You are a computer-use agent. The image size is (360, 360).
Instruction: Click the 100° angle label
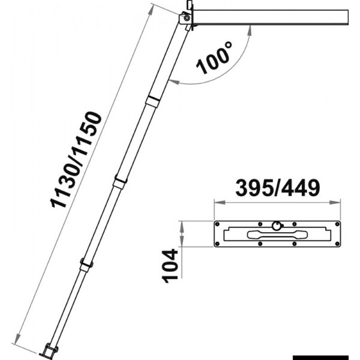coord(214,58)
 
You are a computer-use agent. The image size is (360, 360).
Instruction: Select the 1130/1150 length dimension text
coord(76,160)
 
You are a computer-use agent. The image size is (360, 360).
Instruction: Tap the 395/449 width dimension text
coord(278,188)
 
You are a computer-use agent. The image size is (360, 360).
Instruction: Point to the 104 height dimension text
coord(170,266)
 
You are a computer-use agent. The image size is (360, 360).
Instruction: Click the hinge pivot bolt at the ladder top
coord(187,18)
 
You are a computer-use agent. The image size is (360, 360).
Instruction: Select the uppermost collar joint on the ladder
coord(153,100)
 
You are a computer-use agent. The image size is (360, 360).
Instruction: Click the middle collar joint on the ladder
coord(121,182)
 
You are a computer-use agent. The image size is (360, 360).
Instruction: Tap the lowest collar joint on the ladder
coord(86,265)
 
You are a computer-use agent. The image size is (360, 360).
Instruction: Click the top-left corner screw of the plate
coord(217,224)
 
